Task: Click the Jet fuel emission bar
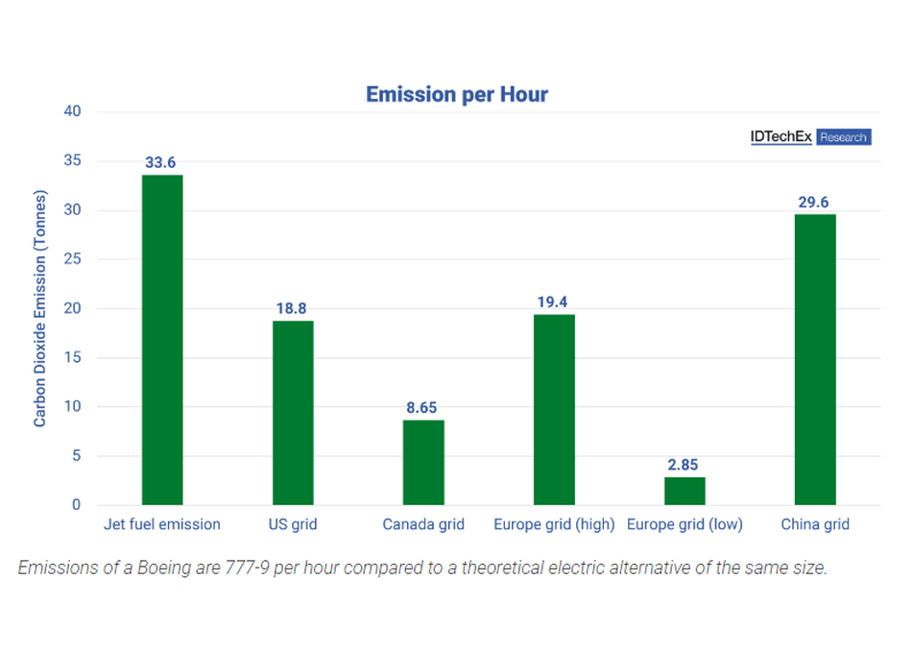pyautogui.click(x=162, y=340)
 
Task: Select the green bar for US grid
pyautogui.click(x=293, y=413)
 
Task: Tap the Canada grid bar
pyautogui.click(x=423, y=463)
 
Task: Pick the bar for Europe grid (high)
pyautogui.click(x=554, y=410)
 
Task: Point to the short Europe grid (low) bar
pyautogui.click(x=684, y=492)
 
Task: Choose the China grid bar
pyautogui.click(x=815, y=360)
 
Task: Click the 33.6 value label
pyautogui.click(x=160, y=162)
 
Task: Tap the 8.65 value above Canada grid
pyautogui.click(x=421, y=407)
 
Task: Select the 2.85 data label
pyautogui.click(x=683, y=465)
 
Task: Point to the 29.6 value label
pyautogui.click(x=813, y=202)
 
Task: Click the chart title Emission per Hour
pyautogui.click(x=457, y=94)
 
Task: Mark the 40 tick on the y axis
pyautogui.click(x=72, y=111)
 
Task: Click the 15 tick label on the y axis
pyautogui.click(x=72, y=357)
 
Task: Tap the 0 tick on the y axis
pyautogui.click(x=76, y=504)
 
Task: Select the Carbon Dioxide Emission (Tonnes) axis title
pyautogui.click(x=39, y=308)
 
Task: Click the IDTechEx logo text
pyautogui.click(x=781, y=136)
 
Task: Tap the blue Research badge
pyautogui.click(x=844, y=136)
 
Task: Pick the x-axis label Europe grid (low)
pyautogui.click(x=684, y=524)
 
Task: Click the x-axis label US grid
pyautogui.click(x=293, y=524)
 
